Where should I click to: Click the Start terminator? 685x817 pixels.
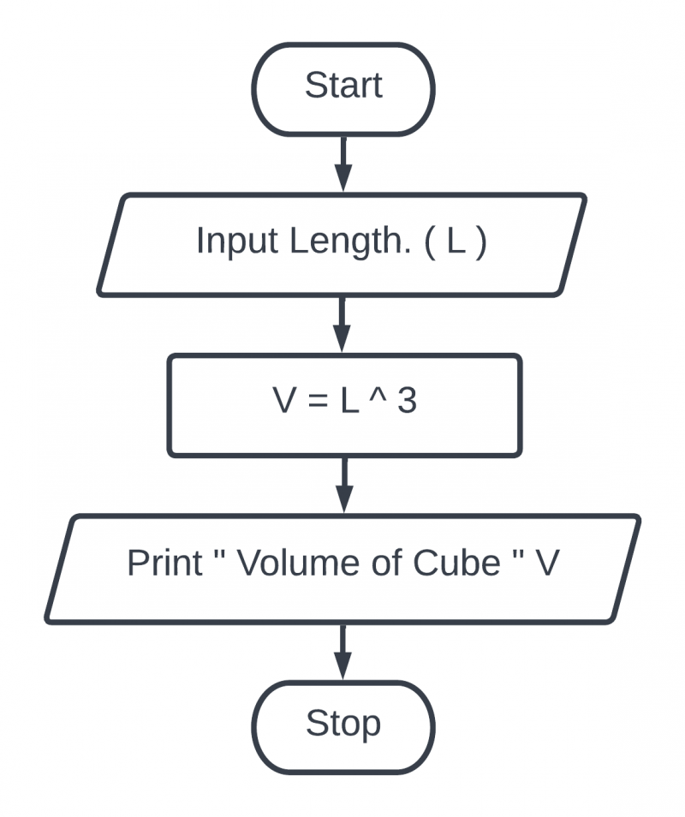click(x=343, y=87)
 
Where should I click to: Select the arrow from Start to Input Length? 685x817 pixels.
click(x=343, y=164)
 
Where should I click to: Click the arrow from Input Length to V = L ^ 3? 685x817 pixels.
click(x=343, y=325)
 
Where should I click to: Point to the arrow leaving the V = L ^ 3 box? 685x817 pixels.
click(x=343, y=484)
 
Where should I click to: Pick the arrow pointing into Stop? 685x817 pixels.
click(x=343, y=651)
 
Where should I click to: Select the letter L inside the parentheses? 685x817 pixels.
click(x=456, y=242)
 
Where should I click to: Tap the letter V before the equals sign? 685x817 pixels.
click(x=284, y=402)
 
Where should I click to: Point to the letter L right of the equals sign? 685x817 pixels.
click(x=349, y=402)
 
